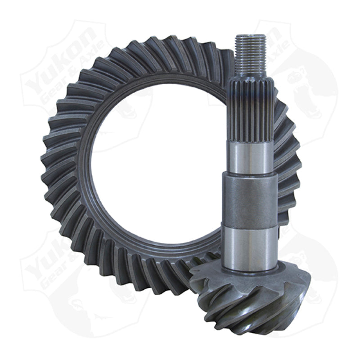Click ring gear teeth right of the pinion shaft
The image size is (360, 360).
[x=288, y=171]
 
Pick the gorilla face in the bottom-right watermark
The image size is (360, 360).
[x=310, y=270]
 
